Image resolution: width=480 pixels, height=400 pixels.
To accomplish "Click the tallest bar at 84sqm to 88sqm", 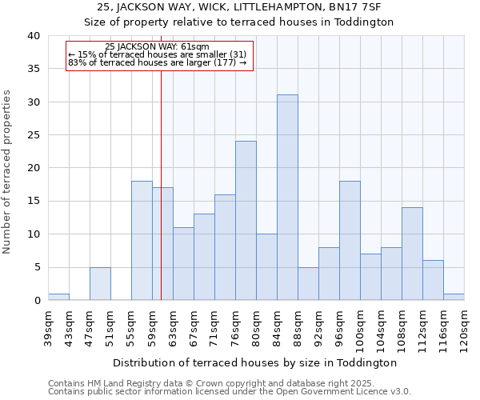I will (287, 198).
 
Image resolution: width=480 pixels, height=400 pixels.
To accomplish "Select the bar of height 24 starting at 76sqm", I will (246, 221).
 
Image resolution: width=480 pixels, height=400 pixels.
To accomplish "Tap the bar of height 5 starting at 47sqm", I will (100, 284).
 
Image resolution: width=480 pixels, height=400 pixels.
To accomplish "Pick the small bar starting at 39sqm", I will (58, 297).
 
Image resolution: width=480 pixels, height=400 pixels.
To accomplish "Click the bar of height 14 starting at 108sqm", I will (412, 254).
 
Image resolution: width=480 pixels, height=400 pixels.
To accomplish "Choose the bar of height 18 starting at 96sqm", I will (350, 241).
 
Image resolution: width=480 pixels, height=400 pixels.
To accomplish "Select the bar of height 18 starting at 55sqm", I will (142, 241).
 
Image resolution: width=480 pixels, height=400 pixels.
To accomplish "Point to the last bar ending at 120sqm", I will (454, 297).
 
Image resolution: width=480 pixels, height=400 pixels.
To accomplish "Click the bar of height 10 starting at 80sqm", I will (266, 267).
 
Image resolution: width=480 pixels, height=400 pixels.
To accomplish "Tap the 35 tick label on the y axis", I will (33, 69).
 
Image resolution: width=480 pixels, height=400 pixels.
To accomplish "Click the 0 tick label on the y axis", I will (36, 301).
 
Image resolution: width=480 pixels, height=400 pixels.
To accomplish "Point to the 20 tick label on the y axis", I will (33, 168).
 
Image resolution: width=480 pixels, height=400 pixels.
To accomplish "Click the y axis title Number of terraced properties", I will (8, 172).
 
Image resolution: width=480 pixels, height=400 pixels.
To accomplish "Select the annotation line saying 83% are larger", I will (158, 62).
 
